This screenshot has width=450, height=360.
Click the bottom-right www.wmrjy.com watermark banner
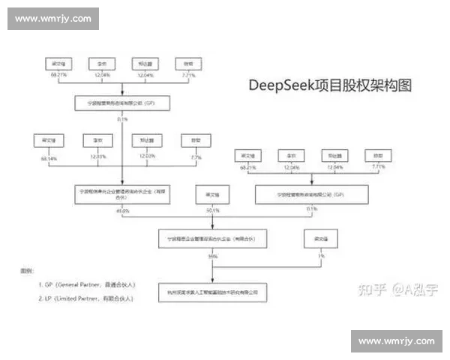(396, 341)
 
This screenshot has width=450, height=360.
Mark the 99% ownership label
(213, 256)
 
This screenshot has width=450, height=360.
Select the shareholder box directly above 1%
(316, 240)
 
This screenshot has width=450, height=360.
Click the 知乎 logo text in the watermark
(367, 288)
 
